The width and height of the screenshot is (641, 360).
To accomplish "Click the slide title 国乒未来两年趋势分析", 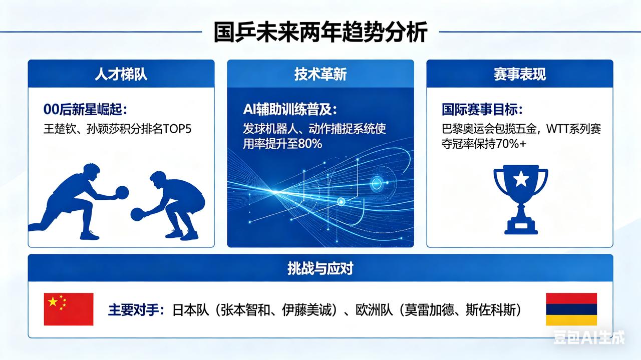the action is coord(320,32).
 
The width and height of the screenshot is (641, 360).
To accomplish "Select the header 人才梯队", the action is coord(121,74).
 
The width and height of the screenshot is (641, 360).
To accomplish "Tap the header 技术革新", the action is coord(320,74).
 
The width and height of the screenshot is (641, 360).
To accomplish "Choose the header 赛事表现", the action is coord(520,74).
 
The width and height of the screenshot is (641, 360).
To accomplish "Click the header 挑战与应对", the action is coord(320,268).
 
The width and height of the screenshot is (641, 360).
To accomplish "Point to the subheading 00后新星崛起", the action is coord(85,109).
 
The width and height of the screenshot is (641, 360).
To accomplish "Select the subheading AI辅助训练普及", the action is coord(290,109).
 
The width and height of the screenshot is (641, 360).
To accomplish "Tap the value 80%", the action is coord(310,144).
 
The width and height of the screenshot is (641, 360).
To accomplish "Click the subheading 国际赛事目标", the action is coord(482,109).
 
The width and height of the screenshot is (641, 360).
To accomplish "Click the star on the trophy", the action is coord(521,179).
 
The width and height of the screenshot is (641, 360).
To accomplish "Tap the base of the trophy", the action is coord(521,227).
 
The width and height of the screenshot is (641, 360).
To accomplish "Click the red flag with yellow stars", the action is coord(69,309).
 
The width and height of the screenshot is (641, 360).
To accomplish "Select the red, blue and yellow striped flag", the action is coord(571,309).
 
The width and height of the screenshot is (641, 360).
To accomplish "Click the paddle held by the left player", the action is coord(122,192).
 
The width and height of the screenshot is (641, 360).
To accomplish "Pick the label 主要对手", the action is coord(133,310).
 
